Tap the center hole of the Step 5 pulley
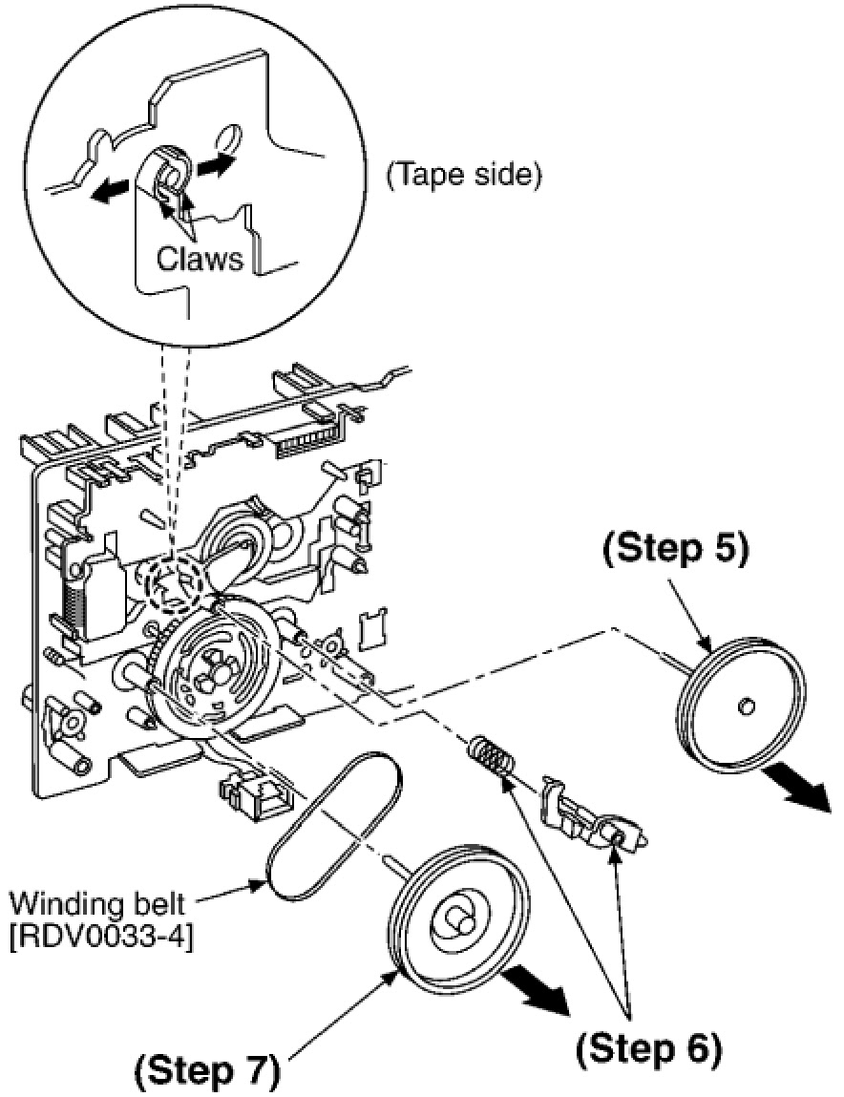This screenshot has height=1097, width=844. coord(747,707)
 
